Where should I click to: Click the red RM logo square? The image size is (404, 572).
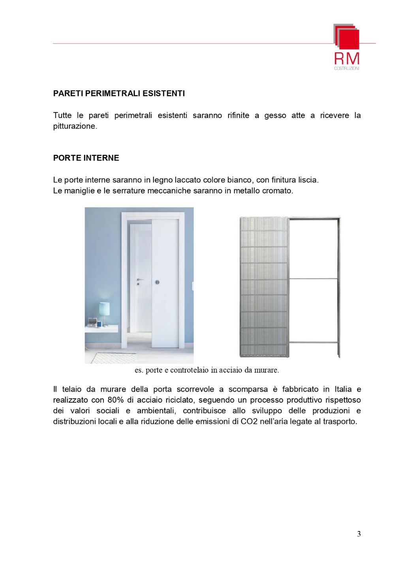(349, 39)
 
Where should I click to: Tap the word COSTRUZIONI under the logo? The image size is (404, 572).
(347, 69)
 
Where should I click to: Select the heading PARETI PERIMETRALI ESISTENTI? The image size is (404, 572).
(119, 94)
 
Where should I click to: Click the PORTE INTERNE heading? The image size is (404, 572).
(86, 158)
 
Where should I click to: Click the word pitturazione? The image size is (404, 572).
(75, 126)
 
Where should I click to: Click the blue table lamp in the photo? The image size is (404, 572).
(104, 309)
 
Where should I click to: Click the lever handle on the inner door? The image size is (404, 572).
(139, 279)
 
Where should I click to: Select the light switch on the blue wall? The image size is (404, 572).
(192, 286)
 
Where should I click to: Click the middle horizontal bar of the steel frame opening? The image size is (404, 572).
(314, 279)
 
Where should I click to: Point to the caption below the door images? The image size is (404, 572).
(207, 370)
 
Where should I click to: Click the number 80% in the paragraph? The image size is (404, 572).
(115, 400)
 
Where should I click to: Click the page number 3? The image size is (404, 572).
(359, 534)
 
